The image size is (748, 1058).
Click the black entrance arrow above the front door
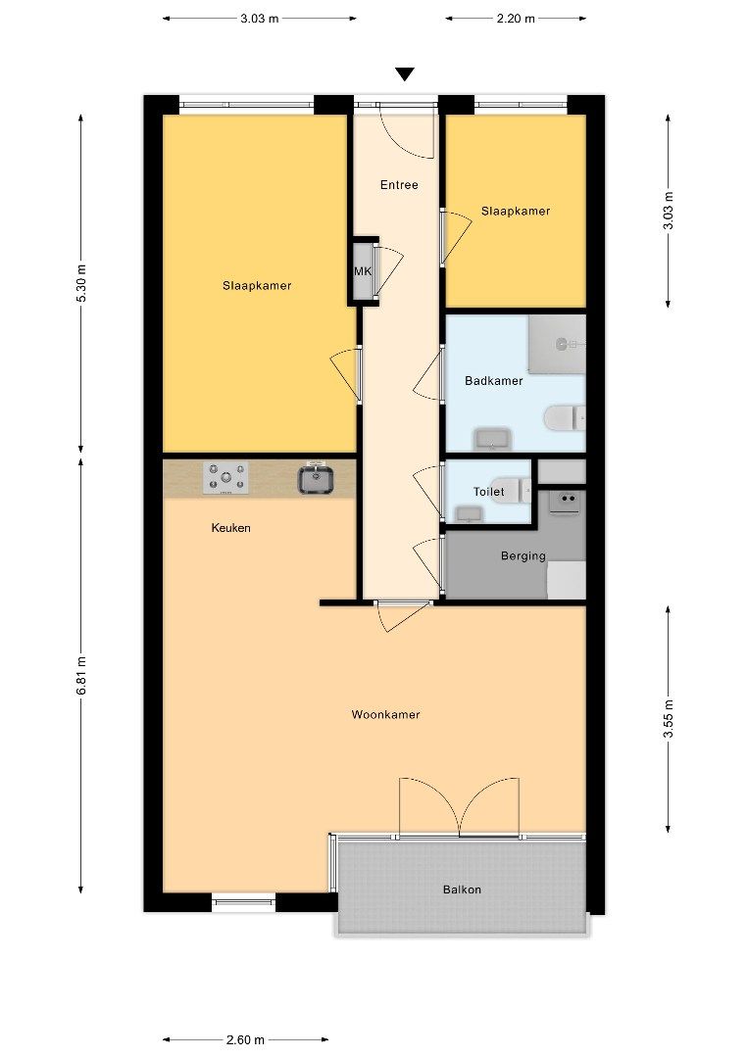[x=405, y=74]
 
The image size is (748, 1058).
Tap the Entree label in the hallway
[x=399, y=185]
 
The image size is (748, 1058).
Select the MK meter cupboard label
[x=362, y=272]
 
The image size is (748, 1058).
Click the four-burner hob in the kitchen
[x=224, y=479]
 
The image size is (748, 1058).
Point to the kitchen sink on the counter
[x=317, y=479]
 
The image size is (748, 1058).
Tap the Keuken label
[x=231, y=528]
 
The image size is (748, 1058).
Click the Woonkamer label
[x=385, y=715]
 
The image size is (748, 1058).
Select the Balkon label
[x=462, y=890]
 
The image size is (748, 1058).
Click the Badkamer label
[x=493, y=381]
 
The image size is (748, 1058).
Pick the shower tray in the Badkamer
[x=557, y=344]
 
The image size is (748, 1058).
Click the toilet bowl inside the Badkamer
[x=563, y=419]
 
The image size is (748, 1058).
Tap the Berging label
[x=523, y=556]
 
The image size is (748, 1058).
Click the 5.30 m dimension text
[x=81, y=283]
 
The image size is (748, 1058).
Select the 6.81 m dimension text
[x=81, y=676]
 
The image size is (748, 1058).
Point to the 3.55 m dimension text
[x=669, y=718]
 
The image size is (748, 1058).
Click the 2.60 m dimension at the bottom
[x=244, y=1039]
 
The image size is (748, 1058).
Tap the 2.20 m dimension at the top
[x=516, y=18]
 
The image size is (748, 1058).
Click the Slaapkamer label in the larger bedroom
[x=257, y=286]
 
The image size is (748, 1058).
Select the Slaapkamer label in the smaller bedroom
[x=515, y=211]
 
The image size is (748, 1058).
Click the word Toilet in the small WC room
[x=488, y=492]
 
